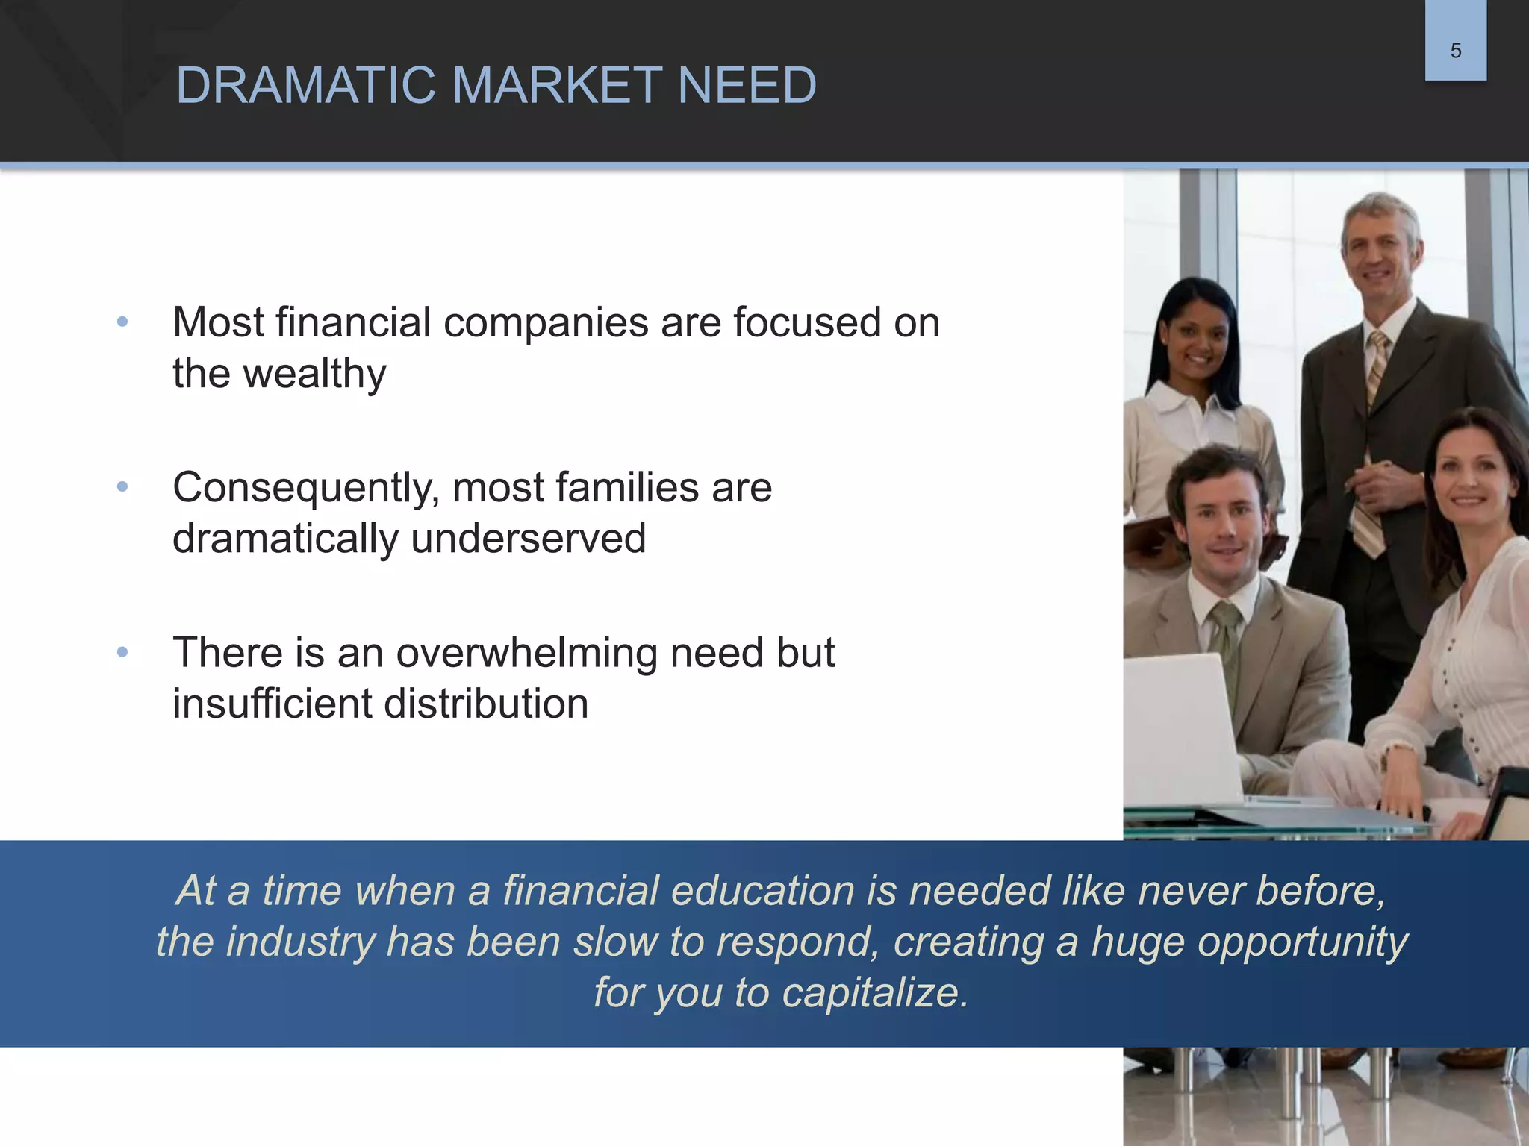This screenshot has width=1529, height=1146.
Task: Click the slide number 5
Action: pyautogui.click(x=1455, y=51)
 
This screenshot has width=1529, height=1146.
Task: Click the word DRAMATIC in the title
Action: pyautogui.click(x=305, y=85)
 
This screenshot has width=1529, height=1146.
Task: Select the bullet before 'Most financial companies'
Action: pyautogui.click(x=122, y=322)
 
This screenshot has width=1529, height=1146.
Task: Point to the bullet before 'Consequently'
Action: pyautogui.click(x=122, y=487)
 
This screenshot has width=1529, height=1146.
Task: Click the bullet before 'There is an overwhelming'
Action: pyautogui.click(x=122, y=653)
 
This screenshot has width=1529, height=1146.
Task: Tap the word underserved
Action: pyautogui.click(x=528, y=539)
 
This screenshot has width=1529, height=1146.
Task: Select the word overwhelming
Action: pyautogui.click(x=526, y=654)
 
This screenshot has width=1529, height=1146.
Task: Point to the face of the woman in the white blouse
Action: pyautogui.click(x=1468, y=481)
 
